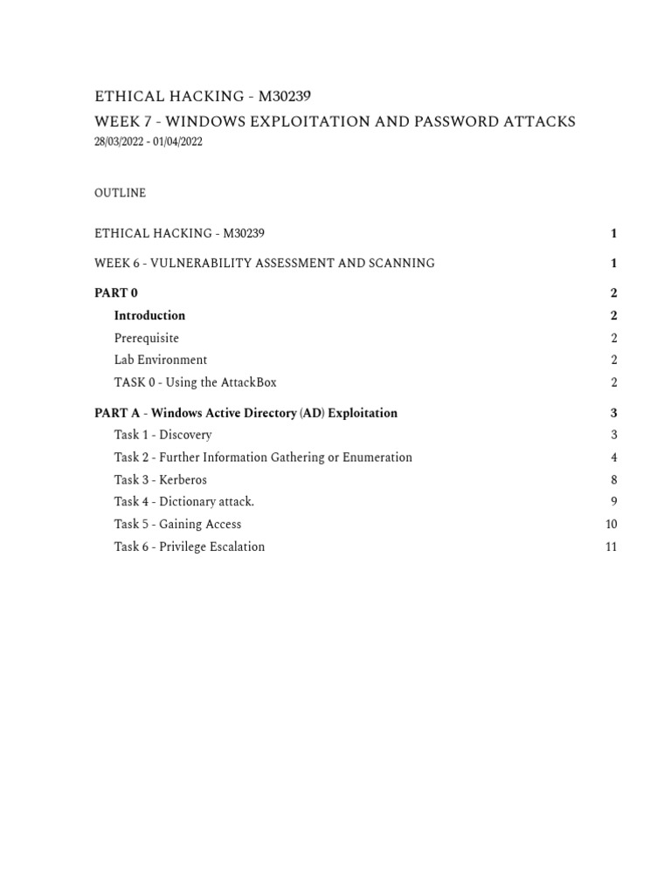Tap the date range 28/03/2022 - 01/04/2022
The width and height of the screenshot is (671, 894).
pyautogui.click(x=148, y=142)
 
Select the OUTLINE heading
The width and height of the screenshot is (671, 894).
pyautogui.click(x=120, y=193)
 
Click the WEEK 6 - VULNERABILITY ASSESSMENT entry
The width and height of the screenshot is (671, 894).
pyautogui.click(x=264, y=263)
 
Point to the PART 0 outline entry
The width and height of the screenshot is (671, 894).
pyautogui.click(x=115, y=293)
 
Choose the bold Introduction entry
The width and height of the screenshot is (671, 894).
pyautogui.click(x=149, y=315)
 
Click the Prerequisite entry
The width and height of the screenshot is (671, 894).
pyautogui.click(x=146, y=338)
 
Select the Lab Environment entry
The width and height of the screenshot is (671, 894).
pyautogui.click(x=160, y=360)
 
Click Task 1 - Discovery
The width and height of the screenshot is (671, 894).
pyautogui.click(x=163, y=435)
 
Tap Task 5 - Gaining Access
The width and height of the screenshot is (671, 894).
pyautogui.click(x=177, y=524)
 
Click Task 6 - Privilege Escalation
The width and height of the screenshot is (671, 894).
pyautogui.click(x=189, y=547)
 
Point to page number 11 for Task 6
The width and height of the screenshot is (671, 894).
pyautogui.click(x=611, y=547)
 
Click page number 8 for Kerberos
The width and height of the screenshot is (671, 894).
pyautogui.click(x=614, y=479)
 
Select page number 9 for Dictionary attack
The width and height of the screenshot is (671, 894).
pyautogui.click(x=614, y=502)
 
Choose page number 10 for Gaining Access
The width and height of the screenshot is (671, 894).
pyautogui.click(x=611, y=524)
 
